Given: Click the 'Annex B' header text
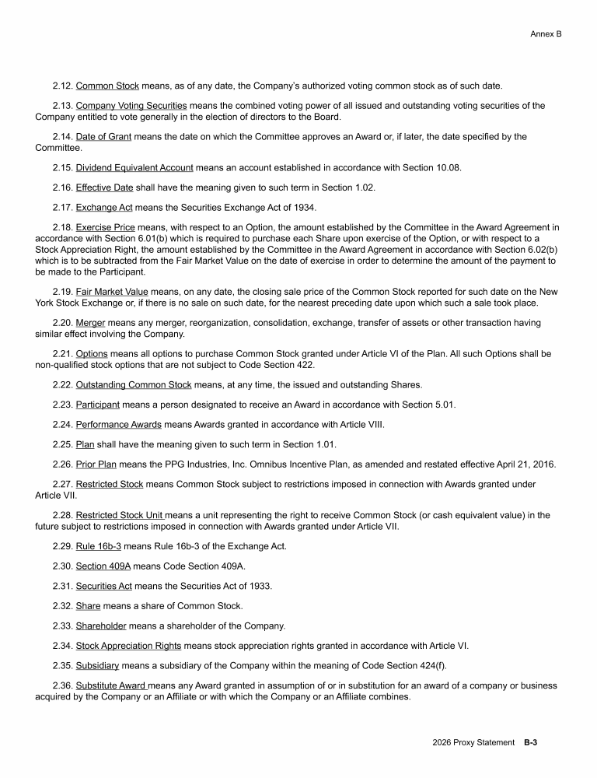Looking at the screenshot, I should (x=546, y=34).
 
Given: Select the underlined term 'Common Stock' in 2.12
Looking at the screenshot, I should (x=107, y=86).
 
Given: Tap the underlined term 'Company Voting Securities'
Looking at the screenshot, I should (x=131, y=106).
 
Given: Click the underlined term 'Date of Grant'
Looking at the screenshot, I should (x=104, y=137).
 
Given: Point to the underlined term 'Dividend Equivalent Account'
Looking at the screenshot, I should (x=134, y=167).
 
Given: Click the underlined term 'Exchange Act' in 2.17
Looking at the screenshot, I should (x=104, y=208).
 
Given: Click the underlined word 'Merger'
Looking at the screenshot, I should (x=90, y=323).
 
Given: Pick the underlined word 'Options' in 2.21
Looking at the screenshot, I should (x=92, y=354).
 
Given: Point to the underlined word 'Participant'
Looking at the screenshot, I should (x=97, y=405).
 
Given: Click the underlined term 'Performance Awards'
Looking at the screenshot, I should (x=118, y=425).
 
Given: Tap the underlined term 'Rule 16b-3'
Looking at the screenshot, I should (x=99, y=546).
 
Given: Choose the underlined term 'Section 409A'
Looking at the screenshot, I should (x=103, y=566).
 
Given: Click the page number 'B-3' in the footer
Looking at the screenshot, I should (x=531, y=743).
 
